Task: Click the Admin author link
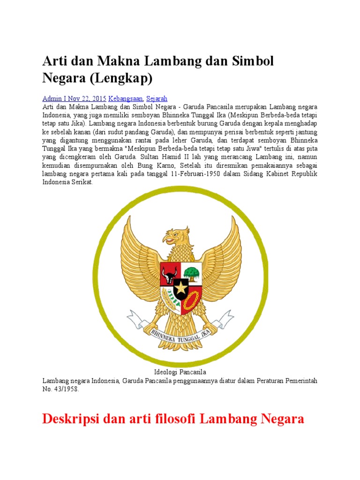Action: (x=52, y=99)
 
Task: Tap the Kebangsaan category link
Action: (x=127, y=99)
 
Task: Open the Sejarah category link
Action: (x=157, y=99)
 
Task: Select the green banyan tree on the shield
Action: (x=191, y=272)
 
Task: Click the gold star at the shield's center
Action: (x=180, y=287)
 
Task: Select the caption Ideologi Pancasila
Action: (x=180, y=372)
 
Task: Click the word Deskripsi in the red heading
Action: (x=70, y=419)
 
